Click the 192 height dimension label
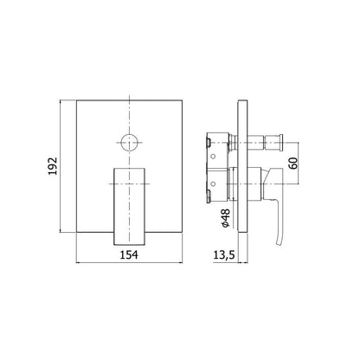[53, 166]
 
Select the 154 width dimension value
[129, 254]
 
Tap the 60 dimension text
[292, 164]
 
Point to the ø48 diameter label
[226, 218]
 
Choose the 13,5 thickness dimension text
[224, 255]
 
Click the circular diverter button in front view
[129, 143]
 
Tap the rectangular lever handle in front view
[129, 206]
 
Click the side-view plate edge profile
[242, 165]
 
